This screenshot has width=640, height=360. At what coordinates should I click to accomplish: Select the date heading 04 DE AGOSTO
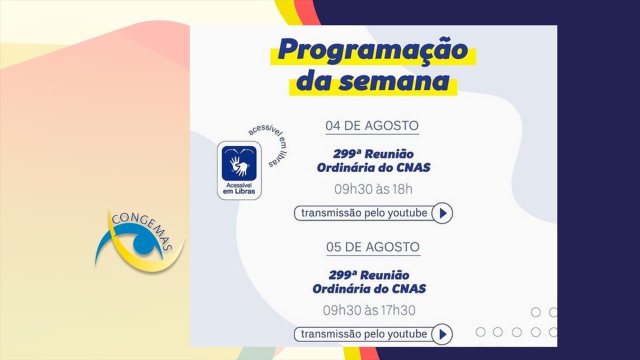(x=372, y=125)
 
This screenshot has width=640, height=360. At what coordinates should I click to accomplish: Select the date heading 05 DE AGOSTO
(x=373, y=247)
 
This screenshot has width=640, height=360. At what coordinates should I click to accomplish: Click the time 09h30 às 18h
(x=373, y=189)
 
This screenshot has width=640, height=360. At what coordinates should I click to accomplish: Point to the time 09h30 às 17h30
(x=369, y=310)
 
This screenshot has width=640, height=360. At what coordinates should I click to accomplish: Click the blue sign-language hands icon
(x=239, y=163)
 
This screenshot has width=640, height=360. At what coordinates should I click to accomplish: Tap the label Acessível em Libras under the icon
(x=239, y=188)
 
